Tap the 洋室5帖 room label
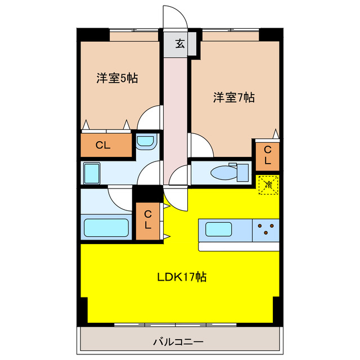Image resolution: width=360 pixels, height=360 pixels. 117,79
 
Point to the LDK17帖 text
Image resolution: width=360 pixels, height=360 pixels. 182,277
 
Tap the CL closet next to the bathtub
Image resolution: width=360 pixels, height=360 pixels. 148,220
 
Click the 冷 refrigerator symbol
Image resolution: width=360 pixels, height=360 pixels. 268,184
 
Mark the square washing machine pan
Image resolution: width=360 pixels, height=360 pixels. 92,173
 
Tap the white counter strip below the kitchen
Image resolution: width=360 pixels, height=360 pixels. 238,246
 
